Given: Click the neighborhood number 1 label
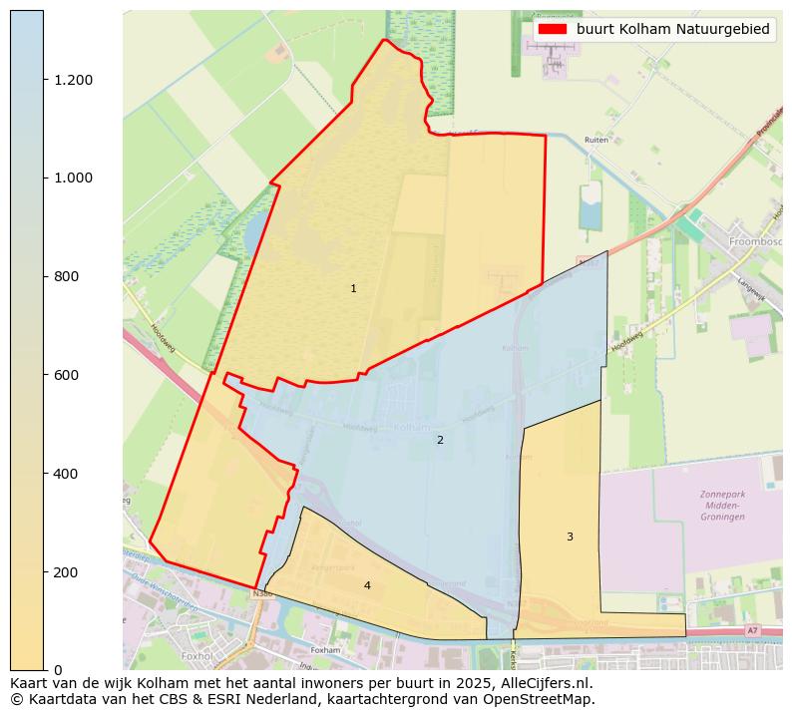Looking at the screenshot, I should pos(353,289).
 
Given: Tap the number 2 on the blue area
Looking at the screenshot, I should pos(440,440).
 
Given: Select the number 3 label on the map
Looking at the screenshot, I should pos(570,537).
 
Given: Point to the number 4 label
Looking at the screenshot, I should pos(367,585).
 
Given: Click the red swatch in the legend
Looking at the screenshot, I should pos(553,30).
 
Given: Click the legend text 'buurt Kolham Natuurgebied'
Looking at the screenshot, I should pos(672,30).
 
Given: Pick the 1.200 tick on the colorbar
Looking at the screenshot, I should pos(73,80).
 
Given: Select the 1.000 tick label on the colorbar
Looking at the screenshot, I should pos(73,179).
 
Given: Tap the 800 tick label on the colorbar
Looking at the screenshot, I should pos(67,276).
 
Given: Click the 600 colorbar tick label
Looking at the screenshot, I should pos(67,375).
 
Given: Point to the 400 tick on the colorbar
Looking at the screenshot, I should pos(67,474).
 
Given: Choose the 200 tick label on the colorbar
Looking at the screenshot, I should pos(67,572).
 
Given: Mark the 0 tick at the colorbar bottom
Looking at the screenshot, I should pos(58,670).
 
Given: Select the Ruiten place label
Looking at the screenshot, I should pos(596,141).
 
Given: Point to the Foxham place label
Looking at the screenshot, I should pos(325,649).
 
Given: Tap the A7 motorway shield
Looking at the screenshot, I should pos(752,631).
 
